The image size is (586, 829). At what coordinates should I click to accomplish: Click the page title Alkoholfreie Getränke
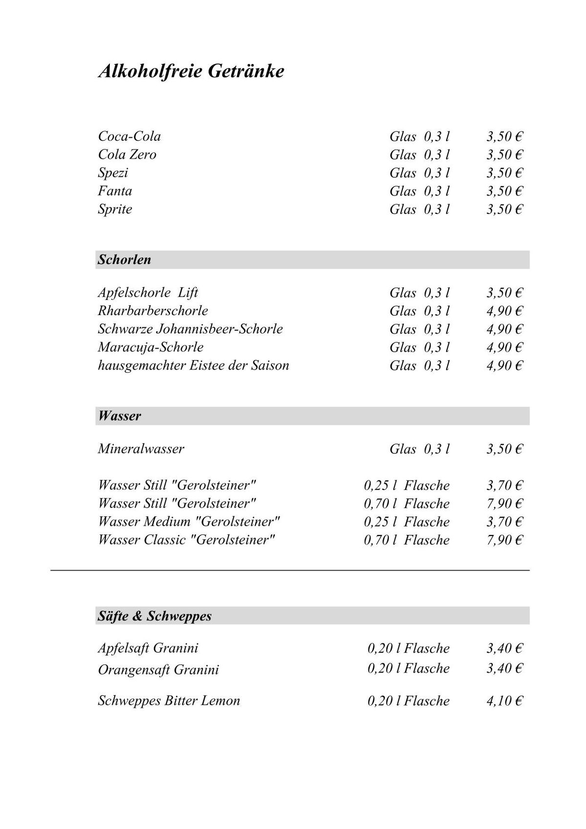coord(191,71)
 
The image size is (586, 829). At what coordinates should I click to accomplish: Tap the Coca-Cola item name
coord(129,136)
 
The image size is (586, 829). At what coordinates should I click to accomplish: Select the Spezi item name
coord(113,173)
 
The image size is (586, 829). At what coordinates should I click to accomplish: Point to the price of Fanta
coord(504,191)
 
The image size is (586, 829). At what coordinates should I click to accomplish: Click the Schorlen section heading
coord(125,260)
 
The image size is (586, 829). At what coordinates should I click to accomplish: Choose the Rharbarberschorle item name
coord(153,311)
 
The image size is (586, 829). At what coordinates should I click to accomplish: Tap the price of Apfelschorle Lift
coord(504,293)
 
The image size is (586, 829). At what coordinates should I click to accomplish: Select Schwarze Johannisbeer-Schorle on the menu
coord(190,329)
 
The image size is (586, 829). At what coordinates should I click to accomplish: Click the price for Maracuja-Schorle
coord(504,347)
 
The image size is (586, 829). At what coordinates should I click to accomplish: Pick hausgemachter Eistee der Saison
coord(193,365)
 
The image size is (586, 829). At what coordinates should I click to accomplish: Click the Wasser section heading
coord(120,416)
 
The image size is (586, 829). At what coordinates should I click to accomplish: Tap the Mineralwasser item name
coord(141,449)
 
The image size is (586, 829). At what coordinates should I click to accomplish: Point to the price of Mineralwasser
coord(504,449)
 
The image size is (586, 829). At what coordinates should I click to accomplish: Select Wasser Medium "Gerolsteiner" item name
coord(189,522)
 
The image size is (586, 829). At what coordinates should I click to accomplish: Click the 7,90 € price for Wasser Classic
coord(504,540)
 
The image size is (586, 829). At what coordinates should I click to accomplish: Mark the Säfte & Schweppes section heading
coord(155,616)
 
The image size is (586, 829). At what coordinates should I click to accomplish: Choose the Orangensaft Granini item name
coord(159,669)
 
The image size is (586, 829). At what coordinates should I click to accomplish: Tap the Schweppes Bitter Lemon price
coord(504,701)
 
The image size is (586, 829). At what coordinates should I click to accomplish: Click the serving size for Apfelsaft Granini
coord(408,648)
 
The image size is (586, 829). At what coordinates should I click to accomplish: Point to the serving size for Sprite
coord(419,209)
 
